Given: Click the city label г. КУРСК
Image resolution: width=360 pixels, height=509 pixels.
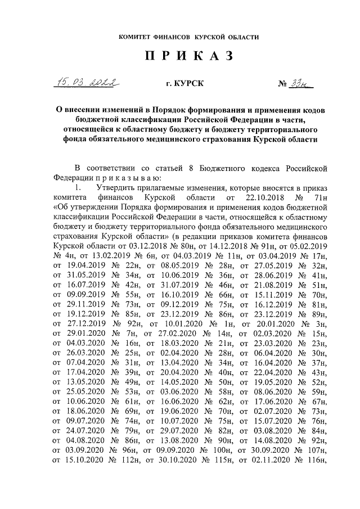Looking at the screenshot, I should click(181, 84).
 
